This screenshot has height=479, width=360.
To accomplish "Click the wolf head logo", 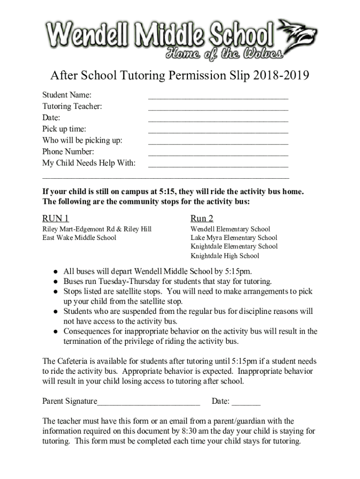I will pyautogui.click(x=297, y=36).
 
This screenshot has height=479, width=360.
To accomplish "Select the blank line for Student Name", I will pyautogui.click(x=218, y=97).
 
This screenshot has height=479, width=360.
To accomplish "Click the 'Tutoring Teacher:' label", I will pyautogui.click(x=72, y=107).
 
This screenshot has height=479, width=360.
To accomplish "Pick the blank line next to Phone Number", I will pyautogui.click(x=218, y=153).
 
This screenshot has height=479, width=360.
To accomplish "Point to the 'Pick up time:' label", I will pyautogui.click(x=64, y=129).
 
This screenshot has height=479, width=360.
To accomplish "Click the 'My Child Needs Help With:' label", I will pyautogui.click(x=89, y=163).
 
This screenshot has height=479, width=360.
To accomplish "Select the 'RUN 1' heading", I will pyautogui.click(x=56, y=218).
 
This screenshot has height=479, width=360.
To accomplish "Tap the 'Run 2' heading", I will pyautogui.click(x=202, y=218).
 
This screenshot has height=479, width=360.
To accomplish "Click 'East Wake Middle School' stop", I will pyautogui.click(x=79, y=238).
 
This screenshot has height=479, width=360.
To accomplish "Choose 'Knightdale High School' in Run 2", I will pyautogui.click(x=224, y=256).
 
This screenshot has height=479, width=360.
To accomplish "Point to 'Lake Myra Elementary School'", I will pyautogui.click(x=233, y=238).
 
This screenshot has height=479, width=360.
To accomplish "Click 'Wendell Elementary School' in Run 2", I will pyautogui.click(x=230, y=229).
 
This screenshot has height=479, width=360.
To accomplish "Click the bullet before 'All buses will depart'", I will pyautogui.click(x=55, y=271).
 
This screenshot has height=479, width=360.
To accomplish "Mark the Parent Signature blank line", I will pyautogui.click(x=149, y=402).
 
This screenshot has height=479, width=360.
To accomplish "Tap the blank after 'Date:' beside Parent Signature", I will pyautogui.click(x=246, y=402).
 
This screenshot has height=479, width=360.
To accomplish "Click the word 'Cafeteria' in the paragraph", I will pyautogui.click(x=73, y=361).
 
